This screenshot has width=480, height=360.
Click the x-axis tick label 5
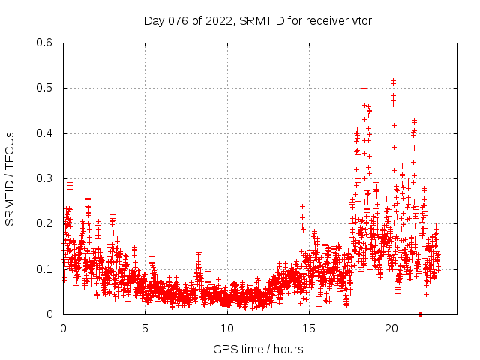click(x=145, y=328)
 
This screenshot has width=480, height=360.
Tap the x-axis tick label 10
click(x=227, y=328)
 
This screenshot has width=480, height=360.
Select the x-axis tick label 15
click(x=309, y=328)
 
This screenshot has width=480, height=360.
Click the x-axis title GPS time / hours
click(x=258, y=349)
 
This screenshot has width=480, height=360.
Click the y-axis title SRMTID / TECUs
click(x=10, y=178)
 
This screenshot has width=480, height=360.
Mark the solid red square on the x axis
click(x=420, y=314)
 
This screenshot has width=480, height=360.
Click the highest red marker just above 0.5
click(x=393, y=79)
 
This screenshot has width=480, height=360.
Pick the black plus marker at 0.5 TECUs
click(x=364, y=88)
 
